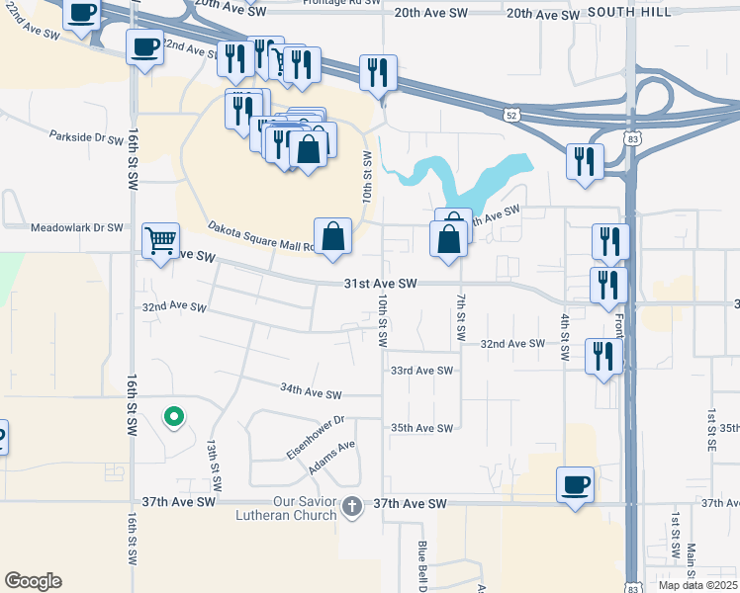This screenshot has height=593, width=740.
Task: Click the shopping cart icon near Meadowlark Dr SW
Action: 160,239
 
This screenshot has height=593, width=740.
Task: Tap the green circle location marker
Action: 174,417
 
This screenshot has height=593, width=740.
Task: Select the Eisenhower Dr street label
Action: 315,434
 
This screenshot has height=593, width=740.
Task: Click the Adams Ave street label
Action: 330,456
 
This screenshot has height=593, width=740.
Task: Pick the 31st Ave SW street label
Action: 380,284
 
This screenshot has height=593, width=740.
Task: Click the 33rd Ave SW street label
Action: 420,371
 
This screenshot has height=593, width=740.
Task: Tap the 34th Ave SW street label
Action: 311,391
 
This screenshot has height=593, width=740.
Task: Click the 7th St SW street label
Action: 462,314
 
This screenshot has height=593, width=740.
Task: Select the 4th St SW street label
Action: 565,336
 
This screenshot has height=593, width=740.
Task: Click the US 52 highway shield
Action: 510,116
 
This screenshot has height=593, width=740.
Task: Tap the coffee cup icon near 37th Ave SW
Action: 575,484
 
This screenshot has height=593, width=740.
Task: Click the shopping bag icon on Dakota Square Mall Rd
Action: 333,236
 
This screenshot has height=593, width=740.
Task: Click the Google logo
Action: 33,581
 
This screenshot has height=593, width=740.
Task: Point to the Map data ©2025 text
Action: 698,585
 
